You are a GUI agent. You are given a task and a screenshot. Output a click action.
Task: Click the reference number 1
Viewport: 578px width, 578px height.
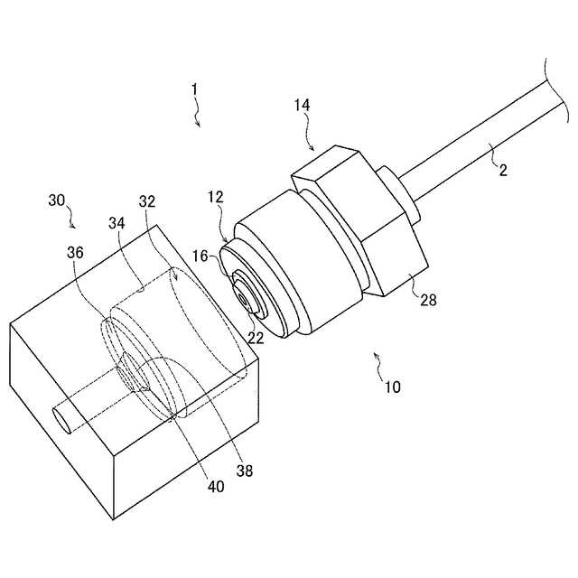coord(194,90)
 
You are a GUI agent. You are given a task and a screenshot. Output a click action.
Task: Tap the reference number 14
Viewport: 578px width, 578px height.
coord(302,106)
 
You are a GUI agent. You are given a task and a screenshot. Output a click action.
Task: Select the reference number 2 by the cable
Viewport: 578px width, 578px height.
coord(503,170)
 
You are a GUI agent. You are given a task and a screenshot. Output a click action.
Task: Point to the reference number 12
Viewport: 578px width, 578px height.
coord(216,197)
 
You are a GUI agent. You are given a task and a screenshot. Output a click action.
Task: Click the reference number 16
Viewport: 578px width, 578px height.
coord(200,256)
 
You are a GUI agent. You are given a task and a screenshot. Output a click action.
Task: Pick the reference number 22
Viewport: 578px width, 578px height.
coord(256,338)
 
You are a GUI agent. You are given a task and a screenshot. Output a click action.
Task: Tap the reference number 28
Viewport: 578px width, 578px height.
coord(429,300)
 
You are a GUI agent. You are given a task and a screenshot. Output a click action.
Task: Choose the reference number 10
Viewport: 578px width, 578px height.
coord(393,387)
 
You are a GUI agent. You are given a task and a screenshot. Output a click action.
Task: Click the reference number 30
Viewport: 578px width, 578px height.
coord(56,200)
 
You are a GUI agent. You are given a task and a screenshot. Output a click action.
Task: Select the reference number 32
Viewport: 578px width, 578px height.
coord(147,201)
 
